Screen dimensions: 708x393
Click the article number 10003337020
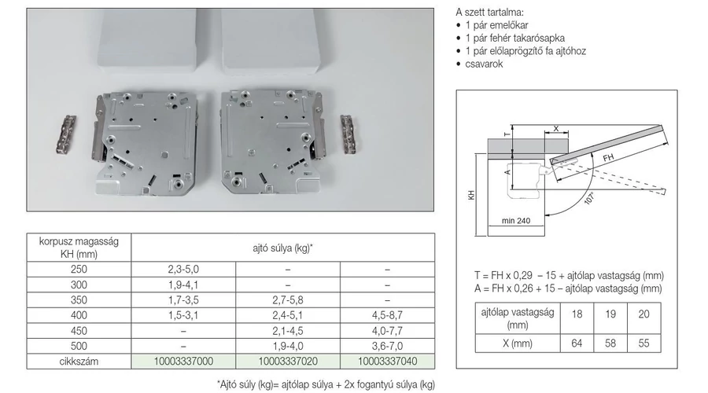[x=288, y=362]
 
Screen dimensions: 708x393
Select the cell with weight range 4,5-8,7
[x=387, y=315]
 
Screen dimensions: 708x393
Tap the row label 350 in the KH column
[x=79, y=300]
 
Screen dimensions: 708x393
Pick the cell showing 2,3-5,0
[x=183, y=270]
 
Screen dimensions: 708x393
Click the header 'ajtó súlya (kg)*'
[x=282, y=248]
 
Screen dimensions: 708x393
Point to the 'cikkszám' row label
[x=79, y=362]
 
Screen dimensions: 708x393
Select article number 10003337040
[x=387, y=362]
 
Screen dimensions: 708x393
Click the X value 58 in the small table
[x=610, y=343]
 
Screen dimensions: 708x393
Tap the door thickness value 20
[x=643, y=314]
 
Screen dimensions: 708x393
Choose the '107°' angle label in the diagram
[x=589, y=198]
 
